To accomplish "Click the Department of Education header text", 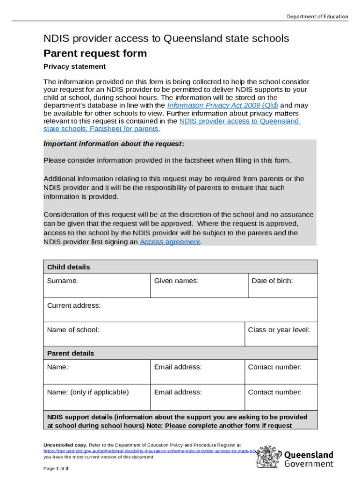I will click(x=317, y=16).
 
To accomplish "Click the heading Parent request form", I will click(x=95, y=53).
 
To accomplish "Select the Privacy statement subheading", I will click(x=74, y=66).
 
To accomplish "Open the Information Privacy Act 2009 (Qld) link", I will click(x=223, y=105).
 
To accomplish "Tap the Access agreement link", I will click(x=170, y=242).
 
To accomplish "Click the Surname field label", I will click(x=62, y=281).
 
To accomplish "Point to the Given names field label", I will click(x=176, y=281).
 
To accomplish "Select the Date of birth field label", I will click(x=272, y=281).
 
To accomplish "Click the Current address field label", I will click(x=74, y=305).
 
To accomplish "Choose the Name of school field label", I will click(x=73, y=330).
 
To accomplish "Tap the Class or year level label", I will click(x=279, y=330).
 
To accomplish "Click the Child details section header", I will click(x=68, y=267).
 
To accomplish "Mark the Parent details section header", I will click(x=70, y=353).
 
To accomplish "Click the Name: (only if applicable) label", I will click(x=88, y=392).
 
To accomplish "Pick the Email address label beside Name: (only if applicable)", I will click(x=178, y=392).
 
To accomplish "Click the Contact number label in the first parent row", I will click(x=274, y=367).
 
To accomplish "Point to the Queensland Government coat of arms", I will click(x=268, y=457).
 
